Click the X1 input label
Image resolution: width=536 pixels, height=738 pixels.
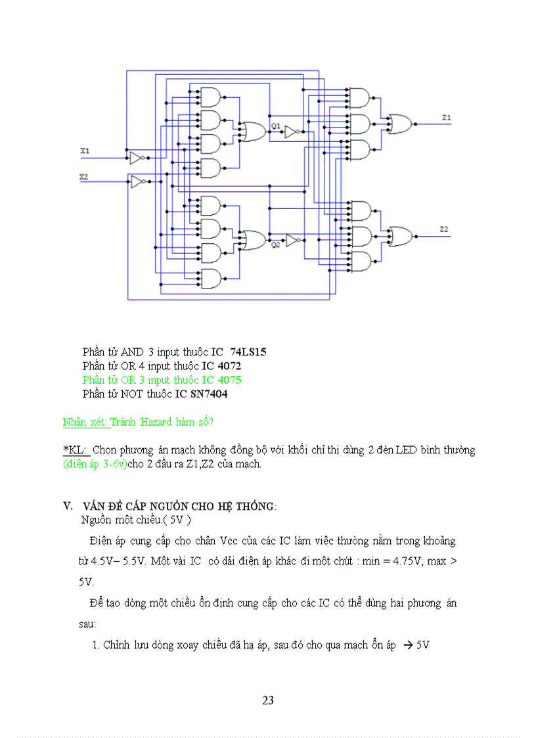[x=85, y=151]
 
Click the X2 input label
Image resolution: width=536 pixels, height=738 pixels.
[x=83, y=177]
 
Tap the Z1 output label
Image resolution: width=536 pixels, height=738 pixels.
[x=446, y=118]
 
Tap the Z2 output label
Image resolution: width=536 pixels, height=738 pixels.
[x=444, y=229]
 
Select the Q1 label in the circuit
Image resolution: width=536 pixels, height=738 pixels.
[x=275, y=125]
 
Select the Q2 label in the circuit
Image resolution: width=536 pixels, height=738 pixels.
[x=275, y=245]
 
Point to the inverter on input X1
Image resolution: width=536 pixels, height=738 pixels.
[x=136, y=158]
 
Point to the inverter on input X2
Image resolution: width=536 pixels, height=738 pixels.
[x=139, y=182]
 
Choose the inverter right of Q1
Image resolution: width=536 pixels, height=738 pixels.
[x=292, y=132]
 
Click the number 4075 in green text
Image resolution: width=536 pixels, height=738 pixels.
[x=229, y=380]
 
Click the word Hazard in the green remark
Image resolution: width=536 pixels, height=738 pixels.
[x=154, y=422]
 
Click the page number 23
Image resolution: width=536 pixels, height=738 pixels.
[x=268, y=701]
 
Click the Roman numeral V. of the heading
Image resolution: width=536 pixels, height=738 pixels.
[x=67, y=506]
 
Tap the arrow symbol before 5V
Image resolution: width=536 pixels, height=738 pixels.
[x=407, y=645]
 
